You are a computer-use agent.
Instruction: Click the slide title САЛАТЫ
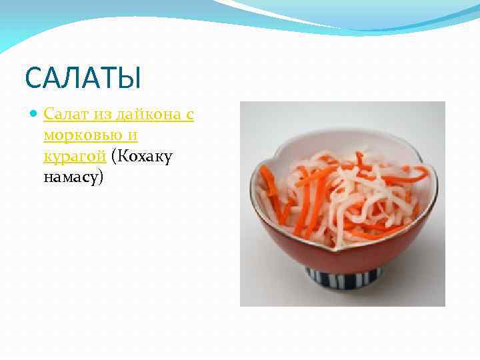[83, 77]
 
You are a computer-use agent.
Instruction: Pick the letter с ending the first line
[189, 115]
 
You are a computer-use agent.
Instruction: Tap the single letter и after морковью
[133, 136]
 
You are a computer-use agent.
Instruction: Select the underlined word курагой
[74, 157]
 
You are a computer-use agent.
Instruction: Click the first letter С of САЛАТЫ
[33, 78]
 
